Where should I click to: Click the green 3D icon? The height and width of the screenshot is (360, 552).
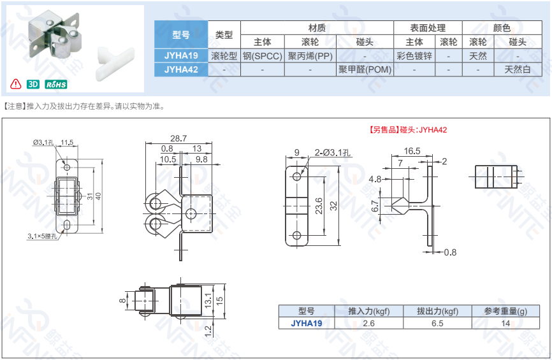pyautogui.click(x=33, y=84)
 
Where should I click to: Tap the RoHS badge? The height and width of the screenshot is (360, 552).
pyautogui.click(x=56, y=85)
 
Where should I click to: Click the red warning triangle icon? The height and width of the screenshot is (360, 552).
pyautogui.click(x=16, y=83)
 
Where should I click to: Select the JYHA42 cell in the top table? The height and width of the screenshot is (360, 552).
pyautogui.click(x=181, y=69)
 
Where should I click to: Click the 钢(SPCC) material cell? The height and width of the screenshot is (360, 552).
pyautogui.click(x=263, y=56)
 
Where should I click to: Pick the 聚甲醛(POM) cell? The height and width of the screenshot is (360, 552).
pyautogui.click(x=365, y=69)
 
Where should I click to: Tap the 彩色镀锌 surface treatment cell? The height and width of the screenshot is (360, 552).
pyautogui.click(x=414, y=56)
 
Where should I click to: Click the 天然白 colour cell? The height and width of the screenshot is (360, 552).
pyautogui.click(x=518, y=69)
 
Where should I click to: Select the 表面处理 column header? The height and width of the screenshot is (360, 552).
pyautogui.click(x=428, y=28)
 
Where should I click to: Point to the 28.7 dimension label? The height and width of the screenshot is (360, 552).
pyautogui.click(x=178, y=138)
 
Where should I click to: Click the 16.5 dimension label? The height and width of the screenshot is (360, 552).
pyautogui.click(x=412, y=151)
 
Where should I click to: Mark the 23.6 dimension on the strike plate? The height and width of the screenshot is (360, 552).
pyautogui.click(x=319, y=206)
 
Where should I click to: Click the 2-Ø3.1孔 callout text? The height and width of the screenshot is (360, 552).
pyautogui.click(x=332, y=152)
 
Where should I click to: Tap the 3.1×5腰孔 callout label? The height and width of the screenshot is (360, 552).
pyautogui.click(x=42, y=236)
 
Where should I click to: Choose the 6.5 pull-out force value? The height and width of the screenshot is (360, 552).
pyautogui.click(x=437, y=324)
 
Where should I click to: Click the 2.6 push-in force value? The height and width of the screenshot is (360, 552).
pyautogui.click(x=368, y=324)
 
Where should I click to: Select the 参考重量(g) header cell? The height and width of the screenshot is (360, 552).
pyautogui.click(x=505, y=311)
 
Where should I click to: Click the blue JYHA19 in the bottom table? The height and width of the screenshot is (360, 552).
pyautogui.click(x=306, y=324)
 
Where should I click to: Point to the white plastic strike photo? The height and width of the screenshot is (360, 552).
pyautogui.click(x=116, y=59)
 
